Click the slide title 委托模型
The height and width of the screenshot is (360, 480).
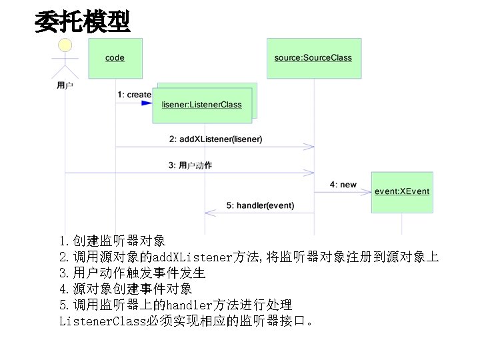pyautogui.click(x=83, y=22)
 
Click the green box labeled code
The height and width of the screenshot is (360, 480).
pyautogui.click(x=115, y=58)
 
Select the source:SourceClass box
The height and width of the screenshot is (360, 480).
pyautogui.click(x=313, y=58)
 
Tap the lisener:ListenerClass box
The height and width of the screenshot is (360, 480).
pyautogui.click(x=202, y=105)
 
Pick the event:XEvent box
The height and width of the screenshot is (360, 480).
pyautogui.click(x=402, y=191)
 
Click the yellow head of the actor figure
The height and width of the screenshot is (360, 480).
pyautogui.click(x=65, y=46)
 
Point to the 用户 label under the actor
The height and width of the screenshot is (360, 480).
pyautogui.click(x=65, y=85)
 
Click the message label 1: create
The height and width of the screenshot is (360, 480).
pyautogui.click(x=134, y=95)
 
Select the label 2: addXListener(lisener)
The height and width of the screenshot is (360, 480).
pyautogui.click(x=215, y=139)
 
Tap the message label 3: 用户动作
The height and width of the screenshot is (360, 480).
pyautogui.click(x=190, y=165)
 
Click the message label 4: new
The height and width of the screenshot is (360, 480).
pyautogui.click(x=343, y=184)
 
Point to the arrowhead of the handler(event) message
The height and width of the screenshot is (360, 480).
pyautogui.click(x=208, y=213)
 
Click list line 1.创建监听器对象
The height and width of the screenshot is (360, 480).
pyautogui.click(x=112, y=241)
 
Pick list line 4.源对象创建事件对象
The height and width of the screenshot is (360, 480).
pyautogui.click(x=125, y=289)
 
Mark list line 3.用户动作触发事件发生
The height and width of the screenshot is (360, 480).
pyautogui.click(x=132, y=273)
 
